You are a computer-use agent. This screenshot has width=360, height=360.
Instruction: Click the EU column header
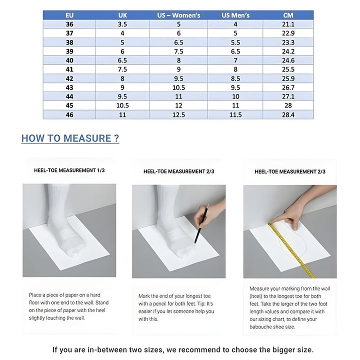(69, 15)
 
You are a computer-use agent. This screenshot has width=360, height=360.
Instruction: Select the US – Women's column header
(178, 15)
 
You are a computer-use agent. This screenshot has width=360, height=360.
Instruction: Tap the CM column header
(288, 15)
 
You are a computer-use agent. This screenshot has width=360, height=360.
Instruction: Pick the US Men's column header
(235, 15)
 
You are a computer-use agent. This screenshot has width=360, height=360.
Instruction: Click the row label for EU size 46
(69, 114)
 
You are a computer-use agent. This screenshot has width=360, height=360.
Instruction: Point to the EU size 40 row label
(69, 60)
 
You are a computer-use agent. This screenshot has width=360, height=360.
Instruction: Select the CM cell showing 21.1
(288, 24)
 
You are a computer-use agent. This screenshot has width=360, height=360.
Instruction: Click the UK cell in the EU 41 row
(122, 69)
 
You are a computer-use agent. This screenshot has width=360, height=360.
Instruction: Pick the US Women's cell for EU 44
(178, 96)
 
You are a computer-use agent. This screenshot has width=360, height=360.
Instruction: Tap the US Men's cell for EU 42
(235, 78)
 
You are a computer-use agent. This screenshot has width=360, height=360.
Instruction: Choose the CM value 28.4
(288, 114)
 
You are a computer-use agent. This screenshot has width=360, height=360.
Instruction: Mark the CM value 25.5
(288, 69)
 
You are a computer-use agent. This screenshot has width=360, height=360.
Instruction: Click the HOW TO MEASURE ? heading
(70, 138)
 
